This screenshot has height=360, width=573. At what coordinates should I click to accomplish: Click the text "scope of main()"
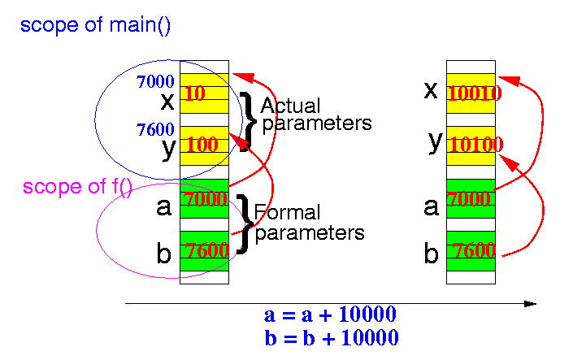point(95,25)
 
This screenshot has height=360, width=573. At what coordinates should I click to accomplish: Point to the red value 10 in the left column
point(195,93)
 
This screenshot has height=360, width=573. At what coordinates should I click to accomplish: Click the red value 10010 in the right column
point(474,93)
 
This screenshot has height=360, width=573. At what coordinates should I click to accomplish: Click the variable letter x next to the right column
point(431,89)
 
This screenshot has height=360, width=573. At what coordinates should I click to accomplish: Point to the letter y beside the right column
point(435,142)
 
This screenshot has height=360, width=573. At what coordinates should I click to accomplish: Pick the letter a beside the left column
point(164,207)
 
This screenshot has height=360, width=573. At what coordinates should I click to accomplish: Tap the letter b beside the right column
point(432,254)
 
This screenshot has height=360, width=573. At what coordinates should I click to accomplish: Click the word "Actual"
point(290,106)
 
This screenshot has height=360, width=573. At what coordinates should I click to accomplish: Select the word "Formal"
point(288,214)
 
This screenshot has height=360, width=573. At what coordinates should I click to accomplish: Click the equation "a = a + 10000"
point(331,315)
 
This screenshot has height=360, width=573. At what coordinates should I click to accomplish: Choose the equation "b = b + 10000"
point(332,337)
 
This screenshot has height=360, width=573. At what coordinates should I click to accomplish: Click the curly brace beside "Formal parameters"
point(243,223)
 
